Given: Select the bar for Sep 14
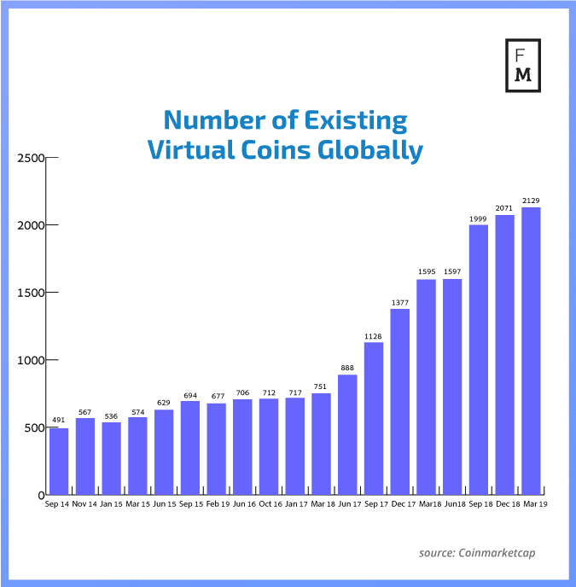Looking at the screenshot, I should tap(59, 461).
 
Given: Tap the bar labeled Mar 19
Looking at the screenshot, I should tap(531, 351).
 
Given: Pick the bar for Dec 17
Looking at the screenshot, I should tap(399, 401).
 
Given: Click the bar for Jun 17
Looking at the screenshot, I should tap(347, 434).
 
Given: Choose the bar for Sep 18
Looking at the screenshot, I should tap(479, 359).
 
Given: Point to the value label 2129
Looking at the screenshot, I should tap(531, 201).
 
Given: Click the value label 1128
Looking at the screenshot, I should tap(374, 335).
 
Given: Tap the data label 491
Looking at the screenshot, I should tap(59, 421).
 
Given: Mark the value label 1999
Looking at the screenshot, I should tap(479, 218).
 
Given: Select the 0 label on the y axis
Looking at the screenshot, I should tap(39, 495).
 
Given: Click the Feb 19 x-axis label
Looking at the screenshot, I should tap(217, 505).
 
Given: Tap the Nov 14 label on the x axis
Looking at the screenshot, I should tap(85, 505).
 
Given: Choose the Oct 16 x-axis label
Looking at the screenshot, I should tap(269, 505).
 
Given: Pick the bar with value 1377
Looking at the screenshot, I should tap(399, 401).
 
